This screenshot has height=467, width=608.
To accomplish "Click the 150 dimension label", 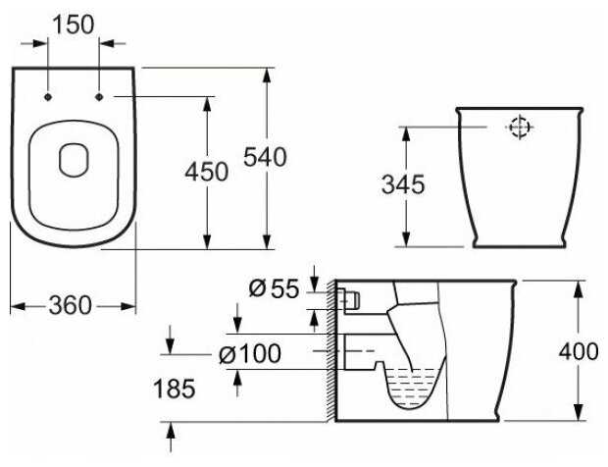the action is tap(73, 25).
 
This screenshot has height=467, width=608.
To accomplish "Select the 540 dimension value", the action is tap(265, 157).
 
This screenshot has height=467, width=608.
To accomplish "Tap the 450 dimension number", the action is tap(207, 172).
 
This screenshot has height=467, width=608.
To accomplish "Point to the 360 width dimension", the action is tap(71, 305).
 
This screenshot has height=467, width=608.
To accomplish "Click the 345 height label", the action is tap(403, 184).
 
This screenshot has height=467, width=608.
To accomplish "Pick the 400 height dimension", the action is tap(579, 352).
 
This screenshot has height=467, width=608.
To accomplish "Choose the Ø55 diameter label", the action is tap(274, 288).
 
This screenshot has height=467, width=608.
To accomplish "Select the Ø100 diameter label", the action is tap(250, 354).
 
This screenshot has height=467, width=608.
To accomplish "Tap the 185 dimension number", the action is tap(175, 389).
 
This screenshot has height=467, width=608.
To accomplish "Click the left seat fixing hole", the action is tap(48, 97).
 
